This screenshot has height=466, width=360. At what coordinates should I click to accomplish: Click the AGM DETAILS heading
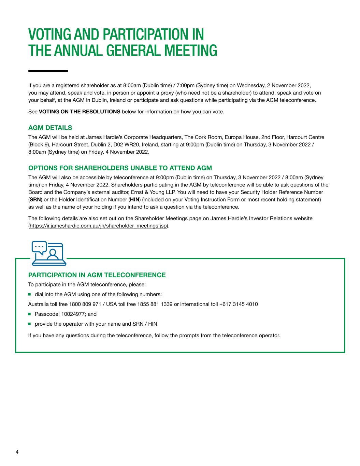point(50,128)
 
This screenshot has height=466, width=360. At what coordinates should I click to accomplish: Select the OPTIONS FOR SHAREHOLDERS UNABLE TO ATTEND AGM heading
point(120,168)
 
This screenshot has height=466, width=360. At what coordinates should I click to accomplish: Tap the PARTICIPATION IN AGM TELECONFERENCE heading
point(97,275)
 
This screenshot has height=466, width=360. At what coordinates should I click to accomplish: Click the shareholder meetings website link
point(98,226)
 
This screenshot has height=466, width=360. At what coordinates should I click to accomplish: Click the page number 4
point(17,452)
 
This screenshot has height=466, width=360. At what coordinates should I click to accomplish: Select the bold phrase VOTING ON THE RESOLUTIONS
point(80,112)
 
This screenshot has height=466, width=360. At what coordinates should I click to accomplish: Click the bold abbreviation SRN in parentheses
point(35,199)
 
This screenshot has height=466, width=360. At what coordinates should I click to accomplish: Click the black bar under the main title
point(48,71)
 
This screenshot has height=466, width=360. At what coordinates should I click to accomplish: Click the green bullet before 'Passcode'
point(30,314)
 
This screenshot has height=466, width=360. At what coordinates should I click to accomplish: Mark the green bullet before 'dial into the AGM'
point(30,294)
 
